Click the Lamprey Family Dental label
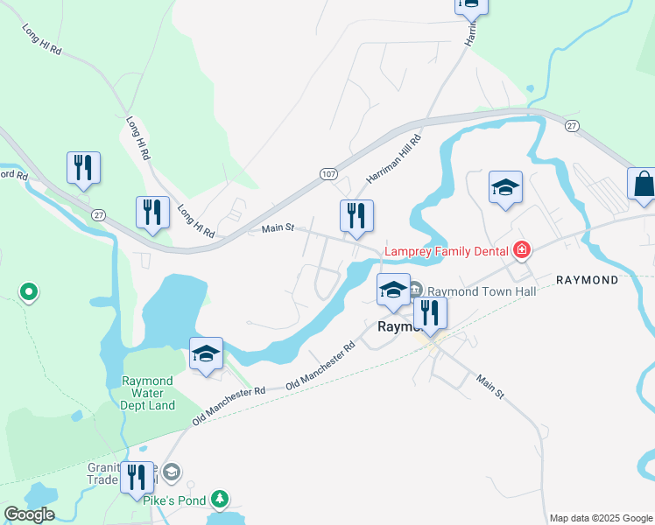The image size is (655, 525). pos(446,251)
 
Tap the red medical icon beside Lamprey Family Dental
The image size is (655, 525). pos(522,251)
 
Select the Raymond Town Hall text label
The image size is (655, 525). pos(481,290)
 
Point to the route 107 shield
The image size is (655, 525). pos(327,174)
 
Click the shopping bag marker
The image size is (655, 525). pos(643,185)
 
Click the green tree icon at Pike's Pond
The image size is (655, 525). pos(222,500)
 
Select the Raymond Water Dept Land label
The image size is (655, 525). pos(148,393)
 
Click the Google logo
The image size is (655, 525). pos(28,514)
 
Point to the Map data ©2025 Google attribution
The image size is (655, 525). pos(601,518)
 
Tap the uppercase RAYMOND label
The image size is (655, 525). pos(587,280)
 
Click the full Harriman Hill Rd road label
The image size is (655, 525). pos(394,159)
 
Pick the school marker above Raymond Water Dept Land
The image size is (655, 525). pos(206,354)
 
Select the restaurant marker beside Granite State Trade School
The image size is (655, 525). pos(137,478)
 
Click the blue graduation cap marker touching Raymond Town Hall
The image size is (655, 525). pos(393,290)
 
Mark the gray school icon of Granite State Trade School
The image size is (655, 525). pos(172,472)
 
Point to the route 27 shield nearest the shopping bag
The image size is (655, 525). pos(571,125)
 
